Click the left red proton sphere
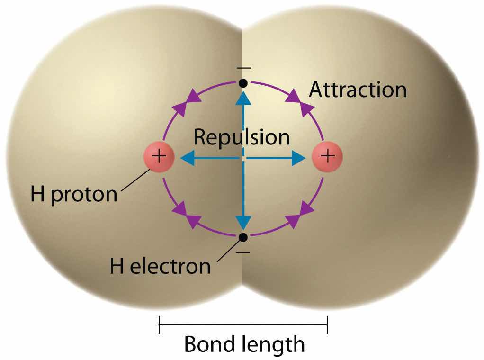(x=159, y=156)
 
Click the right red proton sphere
(x=327, y=156)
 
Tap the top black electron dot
(x=243, y=83)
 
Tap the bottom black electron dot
(x=243, y=237)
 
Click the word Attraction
(x=358, y=90)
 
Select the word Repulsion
(x=242, y=137)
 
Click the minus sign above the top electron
(x=243, y=69)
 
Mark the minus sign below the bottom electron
(x=243, y=252)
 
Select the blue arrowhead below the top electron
(x=243, y=97)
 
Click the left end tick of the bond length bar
(x=160, y=324)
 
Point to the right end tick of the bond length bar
(x=327, y=324)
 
